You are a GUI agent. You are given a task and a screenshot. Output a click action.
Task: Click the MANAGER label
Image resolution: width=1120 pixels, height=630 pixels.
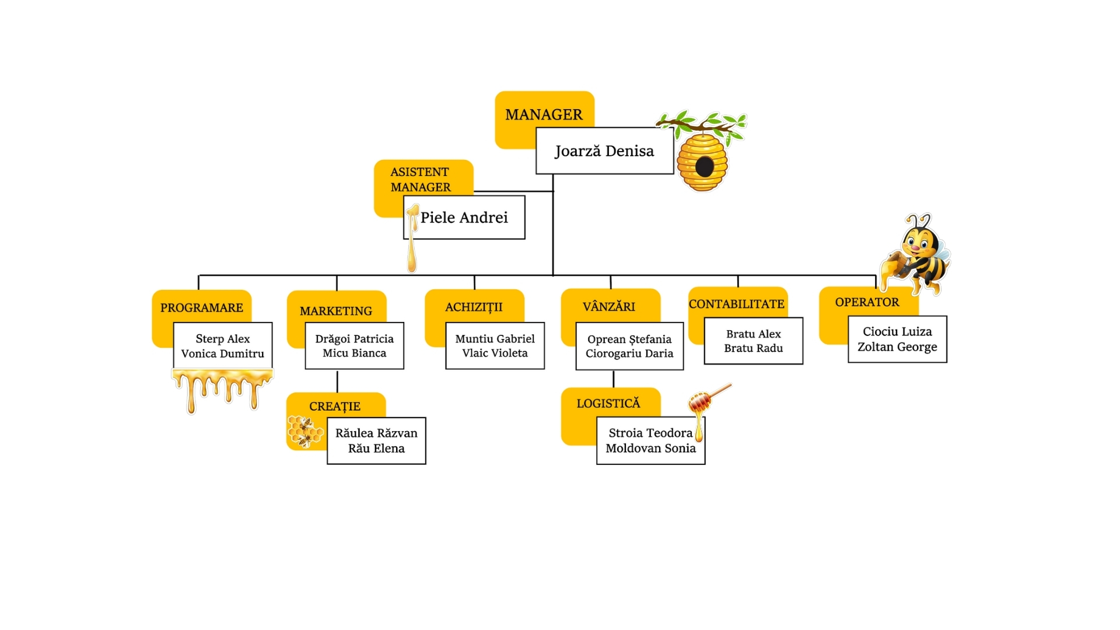tap(544, 114)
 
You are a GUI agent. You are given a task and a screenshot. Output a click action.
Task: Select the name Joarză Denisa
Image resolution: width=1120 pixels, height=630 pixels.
tap(604, 151)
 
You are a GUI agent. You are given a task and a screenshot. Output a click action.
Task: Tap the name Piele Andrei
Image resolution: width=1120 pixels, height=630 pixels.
tap(464, 218)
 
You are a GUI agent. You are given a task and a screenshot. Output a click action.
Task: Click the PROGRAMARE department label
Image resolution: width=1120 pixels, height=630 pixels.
tap(201, 307)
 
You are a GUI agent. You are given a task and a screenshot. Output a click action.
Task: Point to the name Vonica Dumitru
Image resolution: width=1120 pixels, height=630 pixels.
tap(222, 353)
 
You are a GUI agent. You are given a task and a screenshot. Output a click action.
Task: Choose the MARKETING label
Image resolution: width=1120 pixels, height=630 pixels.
tap(336, 311)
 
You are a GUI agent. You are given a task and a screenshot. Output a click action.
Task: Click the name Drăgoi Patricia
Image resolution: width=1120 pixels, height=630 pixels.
tap(354, 339)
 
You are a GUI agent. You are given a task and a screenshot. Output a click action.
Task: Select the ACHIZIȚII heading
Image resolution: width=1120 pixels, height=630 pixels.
tap(474, 307)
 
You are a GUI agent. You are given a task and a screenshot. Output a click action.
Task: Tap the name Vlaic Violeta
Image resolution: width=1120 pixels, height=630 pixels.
tap(495, 353)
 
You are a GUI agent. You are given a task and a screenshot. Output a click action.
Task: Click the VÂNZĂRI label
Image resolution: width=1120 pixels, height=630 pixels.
tap(609, 306)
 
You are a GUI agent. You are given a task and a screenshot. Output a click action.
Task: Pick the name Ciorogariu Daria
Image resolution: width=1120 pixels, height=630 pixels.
tap(629, 353)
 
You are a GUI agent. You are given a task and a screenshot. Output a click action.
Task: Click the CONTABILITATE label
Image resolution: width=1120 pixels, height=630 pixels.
tap(737, 304)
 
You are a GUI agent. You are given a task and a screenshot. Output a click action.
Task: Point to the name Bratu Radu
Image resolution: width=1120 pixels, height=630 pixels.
tap(753, 348)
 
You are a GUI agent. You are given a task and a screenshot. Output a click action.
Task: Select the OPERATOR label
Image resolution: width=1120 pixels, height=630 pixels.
tap(867, 302)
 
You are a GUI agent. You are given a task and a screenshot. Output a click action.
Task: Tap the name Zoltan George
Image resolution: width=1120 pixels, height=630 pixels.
tap(897, 347)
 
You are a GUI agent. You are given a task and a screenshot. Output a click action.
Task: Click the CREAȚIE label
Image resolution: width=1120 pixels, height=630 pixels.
tap(335, 406)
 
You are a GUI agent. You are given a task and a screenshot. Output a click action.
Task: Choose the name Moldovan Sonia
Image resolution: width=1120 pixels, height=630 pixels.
tap(650, 449)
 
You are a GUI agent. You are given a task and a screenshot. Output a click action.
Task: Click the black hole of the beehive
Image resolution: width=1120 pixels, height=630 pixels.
tap(705, 167)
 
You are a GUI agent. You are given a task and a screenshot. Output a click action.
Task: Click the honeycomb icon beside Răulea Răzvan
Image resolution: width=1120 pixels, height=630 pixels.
tap(304, 432)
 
